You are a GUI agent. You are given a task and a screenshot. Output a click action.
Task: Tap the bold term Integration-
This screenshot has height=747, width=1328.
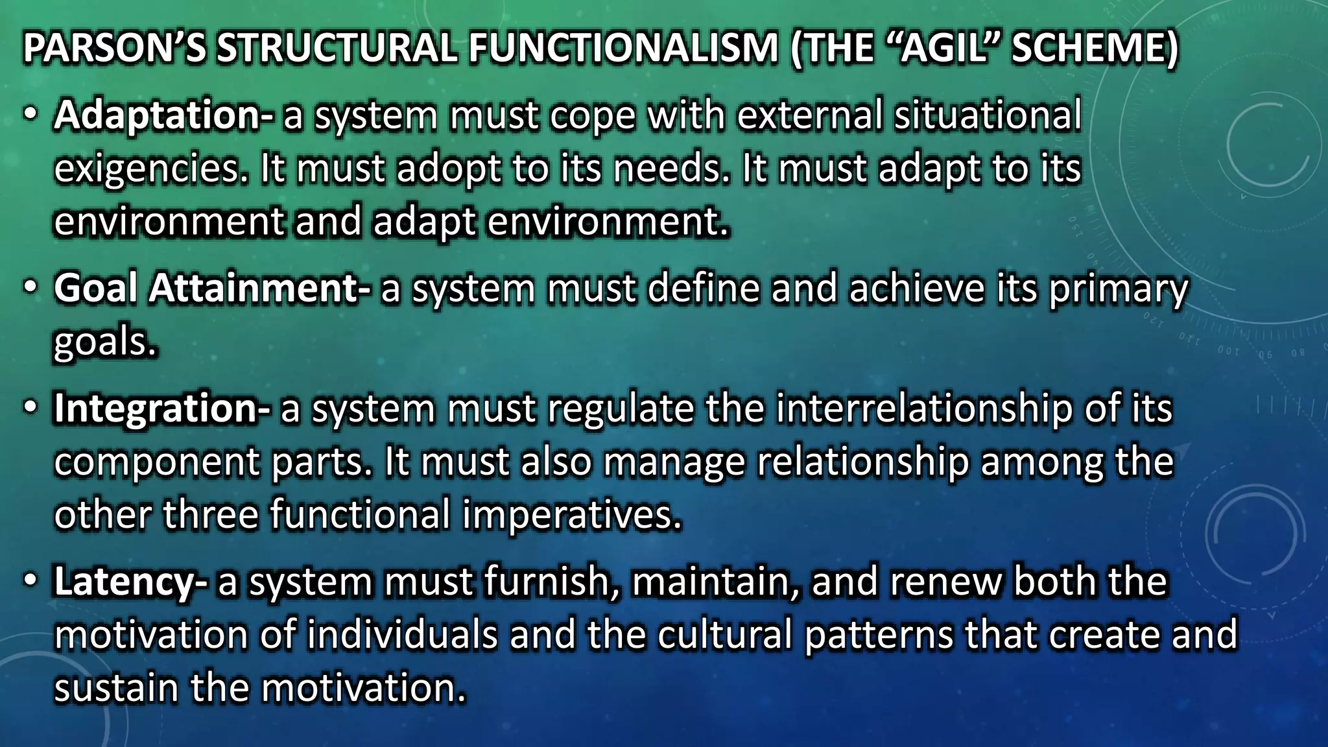tap(161, 409)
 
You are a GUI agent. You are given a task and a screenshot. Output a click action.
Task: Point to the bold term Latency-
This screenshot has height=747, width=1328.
tap(130, 582)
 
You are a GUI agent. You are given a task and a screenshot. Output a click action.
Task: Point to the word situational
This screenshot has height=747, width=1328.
tap(988, 115)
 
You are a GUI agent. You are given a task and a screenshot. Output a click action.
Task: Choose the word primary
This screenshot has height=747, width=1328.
tap(1119, 290)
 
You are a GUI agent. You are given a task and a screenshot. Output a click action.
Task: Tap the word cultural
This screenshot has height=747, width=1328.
tap(724, 635)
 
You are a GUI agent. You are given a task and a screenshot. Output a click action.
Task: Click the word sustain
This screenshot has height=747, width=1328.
tap(116, 688)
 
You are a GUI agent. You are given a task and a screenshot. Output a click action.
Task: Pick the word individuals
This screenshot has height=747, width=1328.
tap(401, 635)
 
